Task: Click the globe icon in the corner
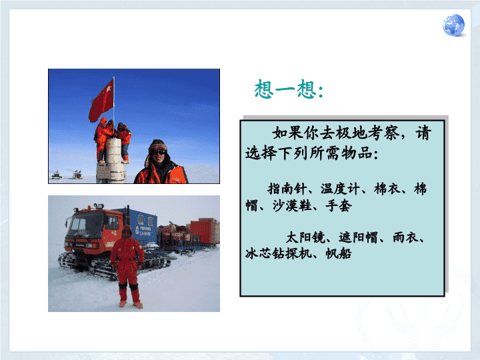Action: click(453, 25)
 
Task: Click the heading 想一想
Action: click(289, 89)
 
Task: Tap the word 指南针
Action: click(287, 189)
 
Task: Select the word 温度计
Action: click(340, 189)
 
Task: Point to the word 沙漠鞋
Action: click(292, 205)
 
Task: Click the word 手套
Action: click(339, 205)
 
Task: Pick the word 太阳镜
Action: click(305, 237)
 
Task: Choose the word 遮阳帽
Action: click(358, 237)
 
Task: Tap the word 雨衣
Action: click(405, 237)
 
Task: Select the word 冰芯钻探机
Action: click(279, 253)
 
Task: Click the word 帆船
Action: click(339, 253)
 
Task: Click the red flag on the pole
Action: click(101, 100)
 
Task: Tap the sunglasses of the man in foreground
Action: click(158, 152)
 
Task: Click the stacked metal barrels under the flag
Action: click(113, 160)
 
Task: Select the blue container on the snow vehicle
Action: click(140, 226)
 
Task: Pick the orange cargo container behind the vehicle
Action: click(205, 231)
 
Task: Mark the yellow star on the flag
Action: click(108, 89)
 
